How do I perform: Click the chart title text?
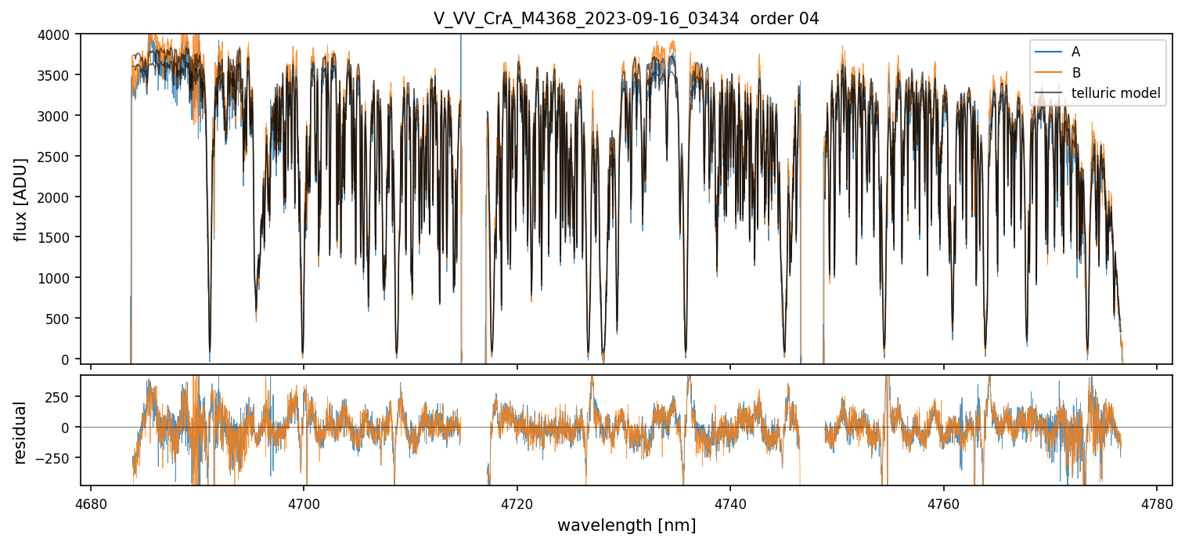[626, 19]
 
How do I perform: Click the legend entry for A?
[1075, 52]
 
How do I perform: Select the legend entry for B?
[1075, 74]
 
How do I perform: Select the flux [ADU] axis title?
[21, 199]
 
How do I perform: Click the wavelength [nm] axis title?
[626, 525]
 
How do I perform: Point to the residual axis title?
[21, 432]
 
